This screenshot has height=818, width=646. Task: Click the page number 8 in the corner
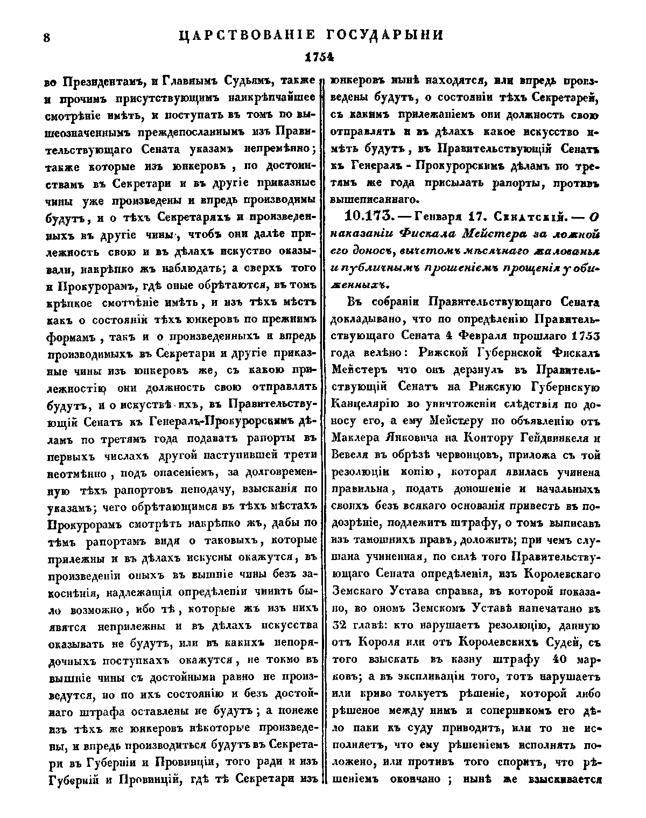coord(46,37)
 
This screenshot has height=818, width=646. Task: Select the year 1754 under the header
coord(318,56)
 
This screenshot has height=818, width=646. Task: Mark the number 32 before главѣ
coord(341,626)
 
